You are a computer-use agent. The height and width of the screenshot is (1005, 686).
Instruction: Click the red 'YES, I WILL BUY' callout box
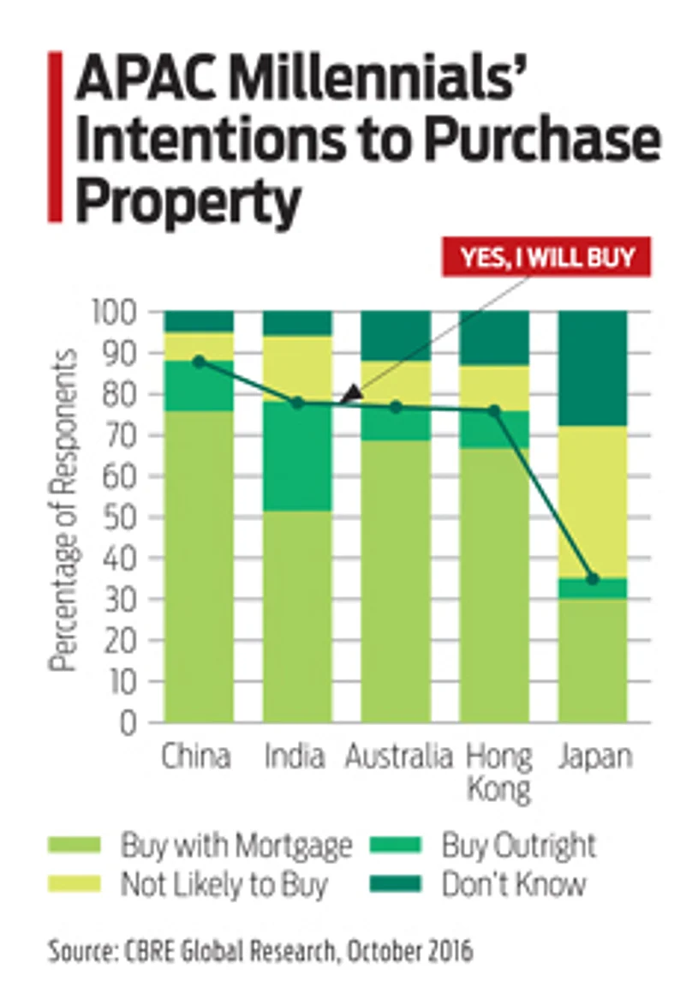pos(546,256)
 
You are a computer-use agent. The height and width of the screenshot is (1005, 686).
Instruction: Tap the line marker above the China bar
pos(199,362)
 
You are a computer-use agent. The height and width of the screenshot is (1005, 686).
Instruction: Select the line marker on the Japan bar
pos(593,579)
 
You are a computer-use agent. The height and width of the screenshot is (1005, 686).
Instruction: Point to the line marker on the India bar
pos(297,403)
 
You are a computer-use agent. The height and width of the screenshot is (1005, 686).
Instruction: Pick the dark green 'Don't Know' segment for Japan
pos(593,368)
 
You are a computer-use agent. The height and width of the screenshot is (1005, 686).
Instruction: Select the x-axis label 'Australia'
pos(399,757)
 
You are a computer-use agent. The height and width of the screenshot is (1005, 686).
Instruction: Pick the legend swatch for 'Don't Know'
pos(396,884)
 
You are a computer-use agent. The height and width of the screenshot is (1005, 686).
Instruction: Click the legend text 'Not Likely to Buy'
pos(224,884)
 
